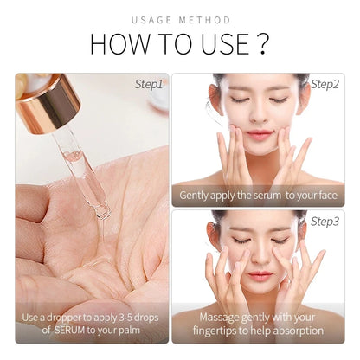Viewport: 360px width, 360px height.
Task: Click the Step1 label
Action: point(148,85)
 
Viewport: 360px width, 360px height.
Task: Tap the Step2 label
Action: point(324,85)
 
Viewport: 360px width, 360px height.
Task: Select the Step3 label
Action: point(324,222)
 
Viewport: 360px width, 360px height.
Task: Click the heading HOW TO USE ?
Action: point(179,43)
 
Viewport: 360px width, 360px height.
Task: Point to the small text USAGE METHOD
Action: point(180,19)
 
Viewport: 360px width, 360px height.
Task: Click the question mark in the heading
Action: point(262,43)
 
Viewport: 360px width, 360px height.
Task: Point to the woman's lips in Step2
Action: point(258,136)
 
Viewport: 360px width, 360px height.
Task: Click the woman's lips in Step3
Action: point(257,275)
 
